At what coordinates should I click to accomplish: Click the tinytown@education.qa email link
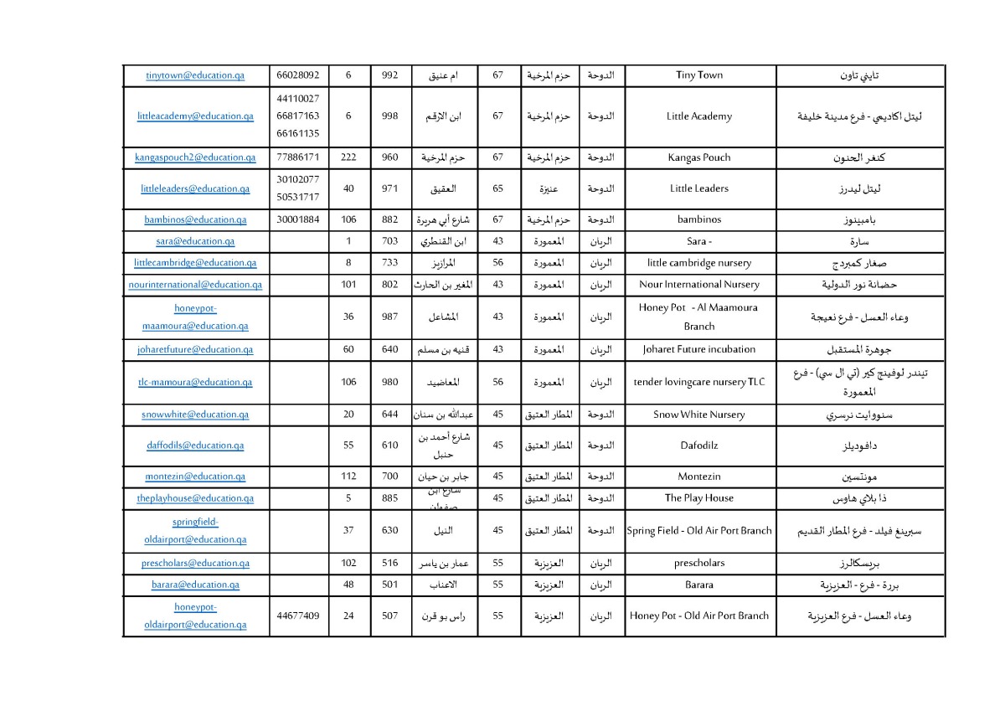coord(195,75)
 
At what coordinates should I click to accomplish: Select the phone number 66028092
coord(298,75)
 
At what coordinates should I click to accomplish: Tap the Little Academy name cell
coord(699,116)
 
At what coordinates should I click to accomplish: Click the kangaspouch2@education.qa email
coord(195,157)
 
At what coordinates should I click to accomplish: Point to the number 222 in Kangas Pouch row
coord(348,157)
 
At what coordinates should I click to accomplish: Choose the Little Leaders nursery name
coord(699,188)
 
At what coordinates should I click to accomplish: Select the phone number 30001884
coord(298,220)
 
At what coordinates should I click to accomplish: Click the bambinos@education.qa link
coord(195,220)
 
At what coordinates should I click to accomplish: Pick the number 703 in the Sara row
coord(389,241)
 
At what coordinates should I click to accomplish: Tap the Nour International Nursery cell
coord(699,285)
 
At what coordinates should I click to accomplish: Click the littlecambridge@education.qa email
coord(195,263)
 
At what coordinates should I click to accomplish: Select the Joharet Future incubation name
coord(699,349)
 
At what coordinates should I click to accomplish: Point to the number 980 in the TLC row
coord(389,382)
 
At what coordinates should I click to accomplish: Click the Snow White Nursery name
coord(699,415)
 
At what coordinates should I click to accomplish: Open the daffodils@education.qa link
coord(195,446)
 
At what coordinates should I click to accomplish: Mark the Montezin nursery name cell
coord(699,477)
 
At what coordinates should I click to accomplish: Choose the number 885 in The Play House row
coord(389,498)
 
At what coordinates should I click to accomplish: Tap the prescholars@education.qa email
coord(195,564)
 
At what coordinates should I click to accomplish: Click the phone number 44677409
coord(298,616)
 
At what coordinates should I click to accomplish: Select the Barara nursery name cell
coord(699,585)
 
